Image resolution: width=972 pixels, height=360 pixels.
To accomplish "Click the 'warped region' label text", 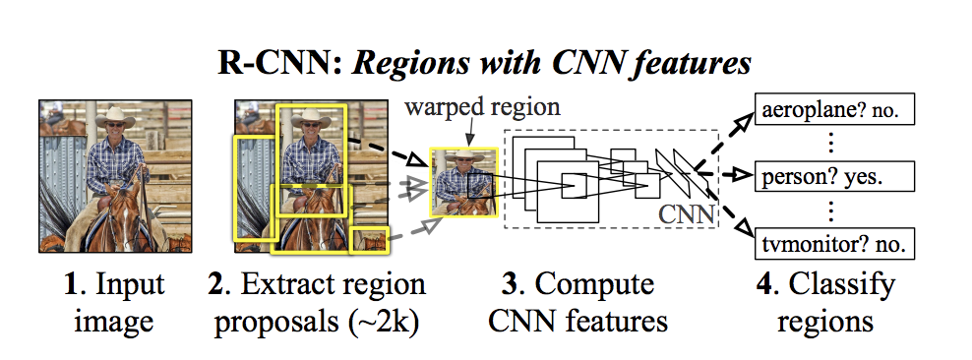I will pos(483,107).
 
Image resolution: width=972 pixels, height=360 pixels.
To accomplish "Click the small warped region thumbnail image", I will pos(465,182).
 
